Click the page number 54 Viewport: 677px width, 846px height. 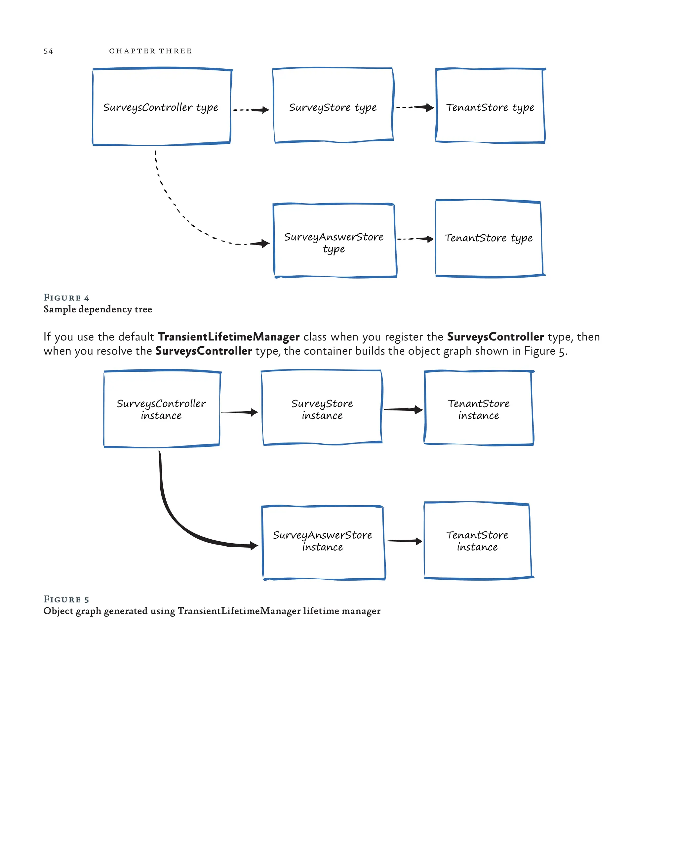pos(48,51)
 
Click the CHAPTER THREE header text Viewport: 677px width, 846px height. pos(150,51)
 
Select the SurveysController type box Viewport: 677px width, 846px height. pos(161,107)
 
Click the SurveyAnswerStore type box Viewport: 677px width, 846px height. pos(335,240)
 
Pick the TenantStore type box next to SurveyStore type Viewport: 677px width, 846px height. pos(490,106)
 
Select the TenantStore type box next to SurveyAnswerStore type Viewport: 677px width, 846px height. pos(489,238)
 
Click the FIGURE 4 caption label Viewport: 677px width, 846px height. pos(66,297)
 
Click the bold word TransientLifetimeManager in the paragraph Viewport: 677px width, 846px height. pos(228,337)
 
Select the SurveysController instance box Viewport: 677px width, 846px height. pos(161,409)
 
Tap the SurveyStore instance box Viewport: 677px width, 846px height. pos(322,408)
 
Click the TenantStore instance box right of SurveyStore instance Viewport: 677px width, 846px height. pos(479,408)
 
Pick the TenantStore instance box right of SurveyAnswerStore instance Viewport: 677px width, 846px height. pos(477,541)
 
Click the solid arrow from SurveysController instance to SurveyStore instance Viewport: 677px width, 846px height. pos(239,412)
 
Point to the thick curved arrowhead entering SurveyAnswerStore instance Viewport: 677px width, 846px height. pos(254,545)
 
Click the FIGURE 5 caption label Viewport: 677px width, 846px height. pos(66,599)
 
